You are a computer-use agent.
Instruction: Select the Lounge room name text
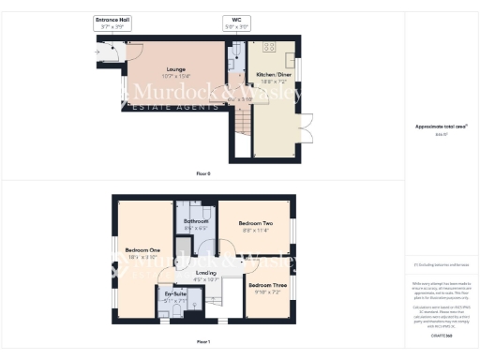tap(175, 69)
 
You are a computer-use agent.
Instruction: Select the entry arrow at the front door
tap(100, 52)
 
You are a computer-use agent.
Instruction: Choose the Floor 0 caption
tap(202, 174)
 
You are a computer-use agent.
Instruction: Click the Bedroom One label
tap(137, 250)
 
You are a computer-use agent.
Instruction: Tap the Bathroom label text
tap(194, 222)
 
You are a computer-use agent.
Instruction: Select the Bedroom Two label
tap(255, 223)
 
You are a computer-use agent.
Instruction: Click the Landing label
tap(205, 273)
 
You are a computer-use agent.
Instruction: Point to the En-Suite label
tap(175, 294)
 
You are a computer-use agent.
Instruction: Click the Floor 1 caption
tap(202, 342)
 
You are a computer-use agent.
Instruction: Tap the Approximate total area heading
tap(442, 127)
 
